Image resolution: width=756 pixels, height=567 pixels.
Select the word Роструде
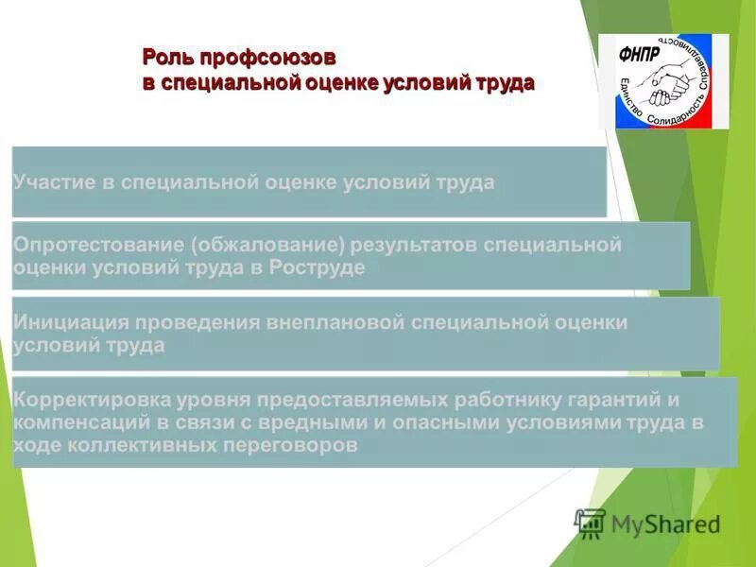tap(317, 267)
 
